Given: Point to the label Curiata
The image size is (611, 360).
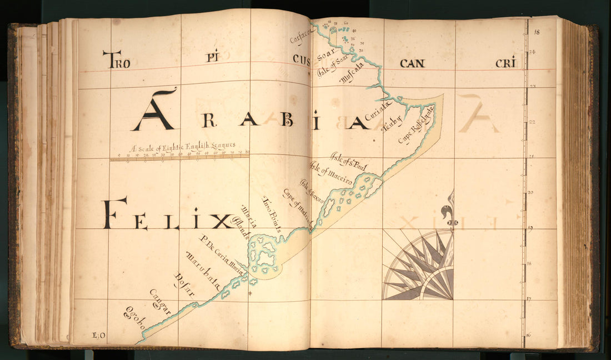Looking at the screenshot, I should coord(378,111).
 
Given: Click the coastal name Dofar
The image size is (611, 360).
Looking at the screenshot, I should coord(184,286).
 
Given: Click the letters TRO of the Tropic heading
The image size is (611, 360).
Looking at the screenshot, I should coord(116,59).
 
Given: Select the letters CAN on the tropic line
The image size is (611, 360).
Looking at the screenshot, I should coord(412,63).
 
